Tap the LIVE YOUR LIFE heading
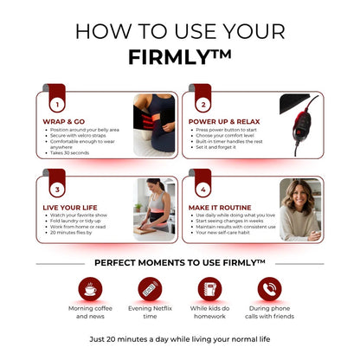tap(70, 209)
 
